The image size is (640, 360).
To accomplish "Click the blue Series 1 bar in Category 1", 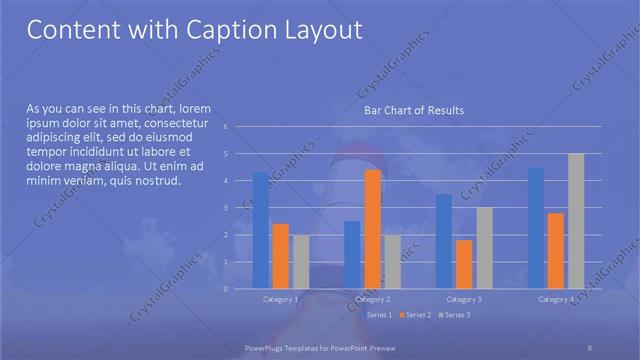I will pos(260,230).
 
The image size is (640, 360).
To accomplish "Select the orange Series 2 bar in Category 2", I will pos(372,229).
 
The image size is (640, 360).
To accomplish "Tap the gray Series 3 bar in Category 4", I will pos(575,221).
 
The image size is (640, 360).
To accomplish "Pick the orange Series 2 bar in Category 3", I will pos(464,264).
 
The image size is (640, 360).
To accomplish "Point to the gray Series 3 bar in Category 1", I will pos(301,262).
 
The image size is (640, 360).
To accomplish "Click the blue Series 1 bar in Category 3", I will pos(444,241).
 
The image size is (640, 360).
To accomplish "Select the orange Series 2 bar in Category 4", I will pos(555,250).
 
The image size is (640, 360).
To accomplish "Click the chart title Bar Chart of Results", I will pos(413,110).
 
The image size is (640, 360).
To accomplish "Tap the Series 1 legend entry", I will pos(379,315).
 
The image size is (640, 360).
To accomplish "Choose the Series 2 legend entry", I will pos(415,315).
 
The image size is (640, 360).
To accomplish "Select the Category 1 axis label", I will pos(280,300).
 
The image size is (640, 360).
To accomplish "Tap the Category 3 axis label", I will pos(464,300).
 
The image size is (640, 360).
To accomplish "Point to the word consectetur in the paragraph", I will pos(174,121).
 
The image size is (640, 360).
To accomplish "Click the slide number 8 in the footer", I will pos(590,346).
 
